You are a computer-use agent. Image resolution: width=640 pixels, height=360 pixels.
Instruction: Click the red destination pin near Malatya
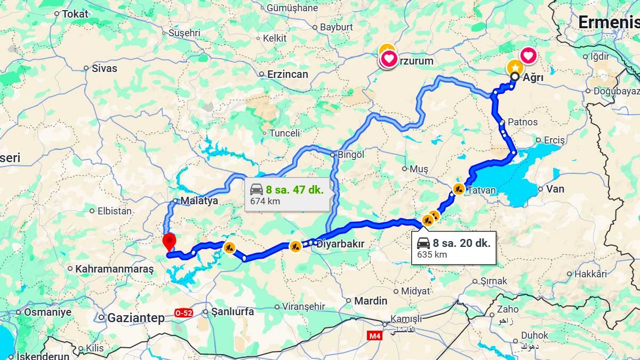169,241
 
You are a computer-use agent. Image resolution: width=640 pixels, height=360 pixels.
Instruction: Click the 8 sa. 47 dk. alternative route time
295,189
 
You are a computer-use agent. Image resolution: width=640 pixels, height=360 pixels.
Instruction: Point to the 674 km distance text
265,202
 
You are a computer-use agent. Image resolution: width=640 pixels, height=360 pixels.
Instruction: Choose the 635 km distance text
432,254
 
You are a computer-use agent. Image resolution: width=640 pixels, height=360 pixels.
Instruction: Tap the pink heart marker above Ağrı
528,55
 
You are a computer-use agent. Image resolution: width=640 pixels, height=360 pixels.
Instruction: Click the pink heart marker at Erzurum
389,59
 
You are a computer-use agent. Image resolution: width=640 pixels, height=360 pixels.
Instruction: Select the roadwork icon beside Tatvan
459,189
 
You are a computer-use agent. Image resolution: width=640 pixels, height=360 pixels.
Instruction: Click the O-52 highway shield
183,313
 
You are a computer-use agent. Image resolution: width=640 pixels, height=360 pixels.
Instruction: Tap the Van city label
555,189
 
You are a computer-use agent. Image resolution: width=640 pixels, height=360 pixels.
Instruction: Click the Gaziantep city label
136,318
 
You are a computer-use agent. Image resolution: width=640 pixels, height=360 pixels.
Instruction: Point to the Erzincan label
288,74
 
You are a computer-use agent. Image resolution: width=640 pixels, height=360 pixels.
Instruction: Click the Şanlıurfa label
233,311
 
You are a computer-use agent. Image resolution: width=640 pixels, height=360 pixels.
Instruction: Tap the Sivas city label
104,68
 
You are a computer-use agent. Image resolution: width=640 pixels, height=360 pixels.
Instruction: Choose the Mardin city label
371,301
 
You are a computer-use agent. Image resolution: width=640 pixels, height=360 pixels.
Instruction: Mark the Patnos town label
523,122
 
